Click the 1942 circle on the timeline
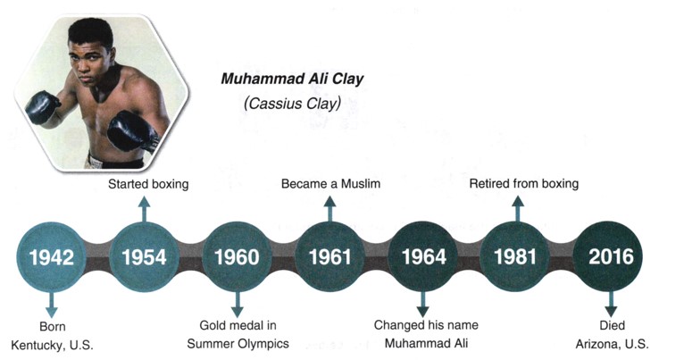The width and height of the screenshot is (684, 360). click(x=52, y=256)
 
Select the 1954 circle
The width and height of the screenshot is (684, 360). click(x=144, y=256)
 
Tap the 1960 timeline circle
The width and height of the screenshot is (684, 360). click(x=237, y=256)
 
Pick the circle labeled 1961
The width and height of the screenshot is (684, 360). click(x=329, y=256)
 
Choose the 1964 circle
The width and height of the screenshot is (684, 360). click(x=422, y=256)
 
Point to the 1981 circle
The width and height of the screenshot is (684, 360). click(x=515, y=256)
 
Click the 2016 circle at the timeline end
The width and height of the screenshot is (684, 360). click(x=610, y=256)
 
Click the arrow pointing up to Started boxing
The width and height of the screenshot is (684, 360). click(x=145, y=209)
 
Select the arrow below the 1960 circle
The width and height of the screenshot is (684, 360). click(x=237, y=304)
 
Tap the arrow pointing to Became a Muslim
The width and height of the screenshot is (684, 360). click(x=329, y=209)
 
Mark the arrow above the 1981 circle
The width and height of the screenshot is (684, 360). click(x=518, y=209)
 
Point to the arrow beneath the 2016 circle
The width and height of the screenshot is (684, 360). click(x=611, y=304)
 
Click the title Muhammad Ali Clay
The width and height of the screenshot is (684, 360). click(x=292, y=79)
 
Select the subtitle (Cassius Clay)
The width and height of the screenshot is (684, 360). click(x=292, y=104)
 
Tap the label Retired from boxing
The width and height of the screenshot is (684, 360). click(x=524, y=184)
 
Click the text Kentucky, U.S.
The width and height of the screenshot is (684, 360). click(x=52, y=345)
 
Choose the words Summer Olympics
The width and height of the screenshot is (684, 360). click(x=238, y=344)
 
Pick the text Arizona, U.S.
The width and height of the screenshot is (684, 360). click(x=612, y=344)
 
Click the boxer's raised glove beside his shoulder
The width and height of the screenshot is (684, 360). click(x=42, y=106)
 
